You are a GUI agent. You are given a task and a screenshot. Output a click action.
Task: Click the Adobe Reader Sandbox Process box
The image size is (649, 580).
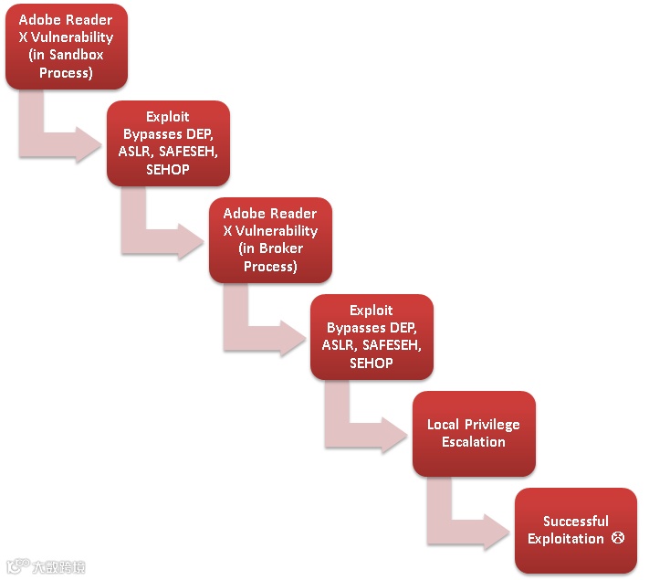click(x=67, y=46)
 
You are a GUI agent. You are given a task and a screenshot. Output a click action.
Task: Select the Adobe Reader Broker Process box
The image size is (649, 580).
click(x=270, y=239)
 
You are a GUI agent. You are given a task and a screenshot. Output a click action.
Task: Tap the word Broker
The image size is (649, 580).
click(x=282, y=248)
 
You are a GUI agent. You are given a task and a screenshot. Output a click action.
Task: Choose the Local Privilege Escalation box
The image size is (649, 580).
click(x=473, y=433)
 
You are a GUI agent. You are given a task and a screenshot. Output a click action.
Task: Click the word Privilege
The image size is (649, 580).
click(x=491, y=425)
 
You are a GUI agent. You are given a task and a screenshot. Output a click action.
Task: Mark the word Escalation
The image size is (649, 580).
click(x=473, y=442)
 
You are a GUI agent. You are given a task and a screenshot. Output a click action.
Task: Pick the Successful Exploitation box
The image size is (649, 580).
click(x=575, y=530)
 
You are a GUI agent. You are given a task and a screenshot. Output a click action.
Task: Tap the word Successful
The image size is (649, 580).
click(x=575, y=522)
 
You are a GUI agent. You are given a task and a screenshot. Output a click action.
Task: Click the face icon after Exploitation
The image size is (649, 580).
click(x=617, y=539)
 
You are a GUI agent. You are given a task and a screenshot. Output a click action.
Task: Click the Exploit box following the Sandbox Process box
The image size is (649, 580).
click(x=168, y=142)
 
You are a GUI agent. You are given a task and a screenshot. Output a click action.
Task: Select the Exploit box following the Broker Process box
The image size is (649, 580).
click(x=372, y=336)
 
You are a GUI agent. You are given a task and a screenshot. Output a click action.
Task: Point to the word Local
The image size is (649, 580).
click(x=445, y=425)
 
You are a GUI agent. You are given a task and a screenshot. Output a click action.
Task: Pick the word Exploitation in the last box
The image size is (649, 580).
click(x=566, y=539)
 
